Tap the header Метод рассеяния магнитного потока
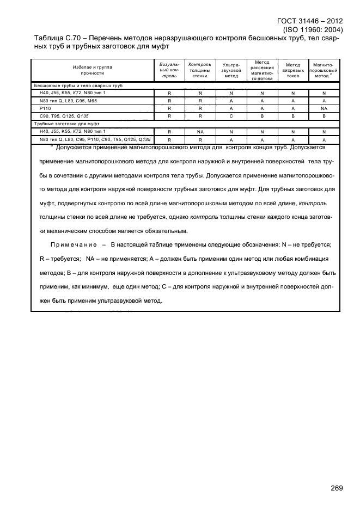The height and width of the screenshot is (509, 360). [262, 70]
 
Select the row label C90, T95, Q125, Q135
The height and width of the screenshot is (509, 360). [60, 116]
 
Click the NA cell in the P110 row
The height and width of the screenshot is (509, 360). [324, 108]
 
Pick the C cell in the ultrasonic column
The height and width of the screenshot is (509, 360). [231, 116]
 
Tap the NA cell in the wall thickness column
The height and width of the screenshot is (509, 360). [200, 132]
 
